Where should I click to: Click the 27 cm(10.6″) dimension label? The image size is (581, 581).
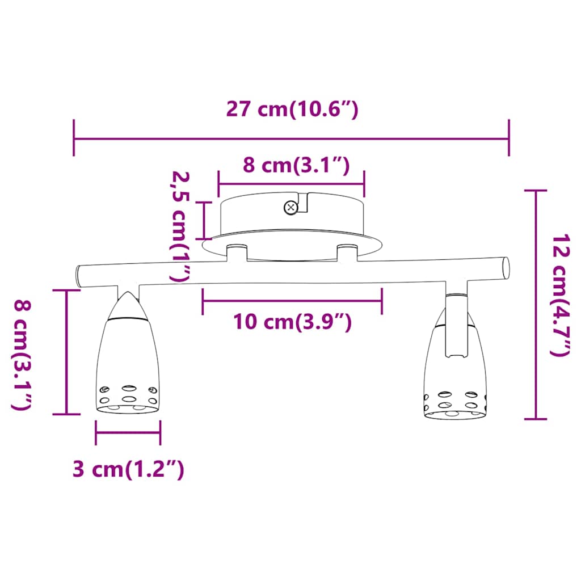[x=292, y=110]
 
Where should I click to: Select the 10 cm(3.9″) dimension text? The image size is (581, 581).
[x=292, y=322]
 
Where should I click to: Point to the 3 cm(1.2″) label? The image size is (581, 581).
[x=128, y=469]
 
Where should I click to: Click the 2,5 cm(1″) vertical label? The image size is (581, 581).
[x=180, y=226]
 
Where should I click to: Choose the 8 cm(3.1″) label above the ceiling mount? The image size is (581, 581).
[x=296, y=165]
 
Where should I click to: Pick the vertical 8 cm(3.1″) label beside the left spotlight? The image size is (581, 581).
[x=22, y=355]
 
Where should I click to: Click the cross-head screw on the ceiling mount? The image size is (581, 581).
[x=290, y=208]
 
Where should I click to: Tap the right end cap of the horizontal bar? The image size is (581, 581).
[x=506, y=268]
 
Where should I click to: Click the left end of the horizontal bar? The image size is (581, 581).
[x=79, y=276]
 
